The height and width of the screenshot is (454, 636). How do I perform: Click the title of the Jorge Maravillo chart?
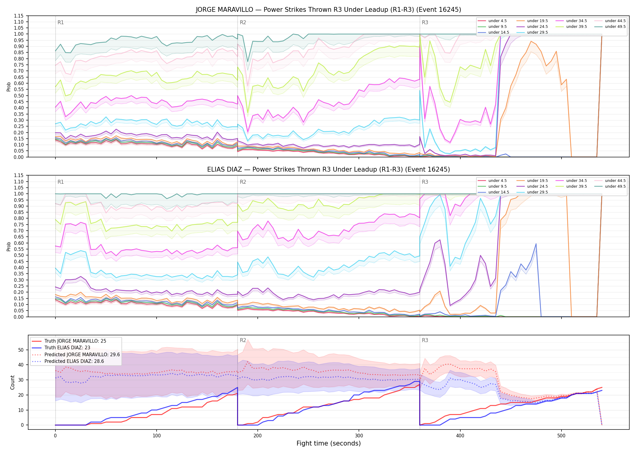pyautogui.click(x=328, y=10)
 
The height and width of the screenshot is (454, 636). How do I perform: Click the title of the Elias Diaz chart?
pyautogui.click(x=328, y=169)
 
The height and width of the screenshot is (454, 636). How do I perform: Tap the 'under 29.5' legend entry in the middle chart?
pyautogui.click(x=532, y=192)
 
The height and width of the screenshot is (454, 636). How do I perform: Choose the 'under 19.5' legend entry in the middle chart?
pyautogui.click(x=532, y=181)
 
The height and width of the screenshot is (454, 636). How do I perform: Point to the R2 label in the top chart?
pyautogui.click(x=243, y=22)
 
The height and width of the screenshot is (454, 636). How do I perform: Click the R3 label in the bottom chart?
pyautogui.click(x=425, y=340)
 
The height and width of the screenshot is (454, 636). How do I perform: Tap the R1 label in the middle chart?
pyautogui.click(x=61, y=182)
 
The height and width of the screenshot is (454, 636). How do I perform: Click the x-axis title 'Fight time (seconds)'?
pyautogui.click(x=329, y=443)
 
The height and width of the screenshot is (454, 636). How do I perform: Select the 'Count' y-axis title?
pyautogui.click(x=12, y=382)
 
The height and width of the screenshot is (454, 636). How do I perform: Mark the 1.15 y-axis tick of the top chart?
pyautogui.click(x=19, y=16)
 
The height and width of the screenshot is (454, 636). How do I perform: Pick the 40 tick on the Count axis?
pyautogui.click(x=21, y=365)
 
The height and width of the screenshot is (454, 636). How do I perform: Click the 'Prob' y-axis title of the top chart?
pyautogui.click(x=9, y=87)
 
